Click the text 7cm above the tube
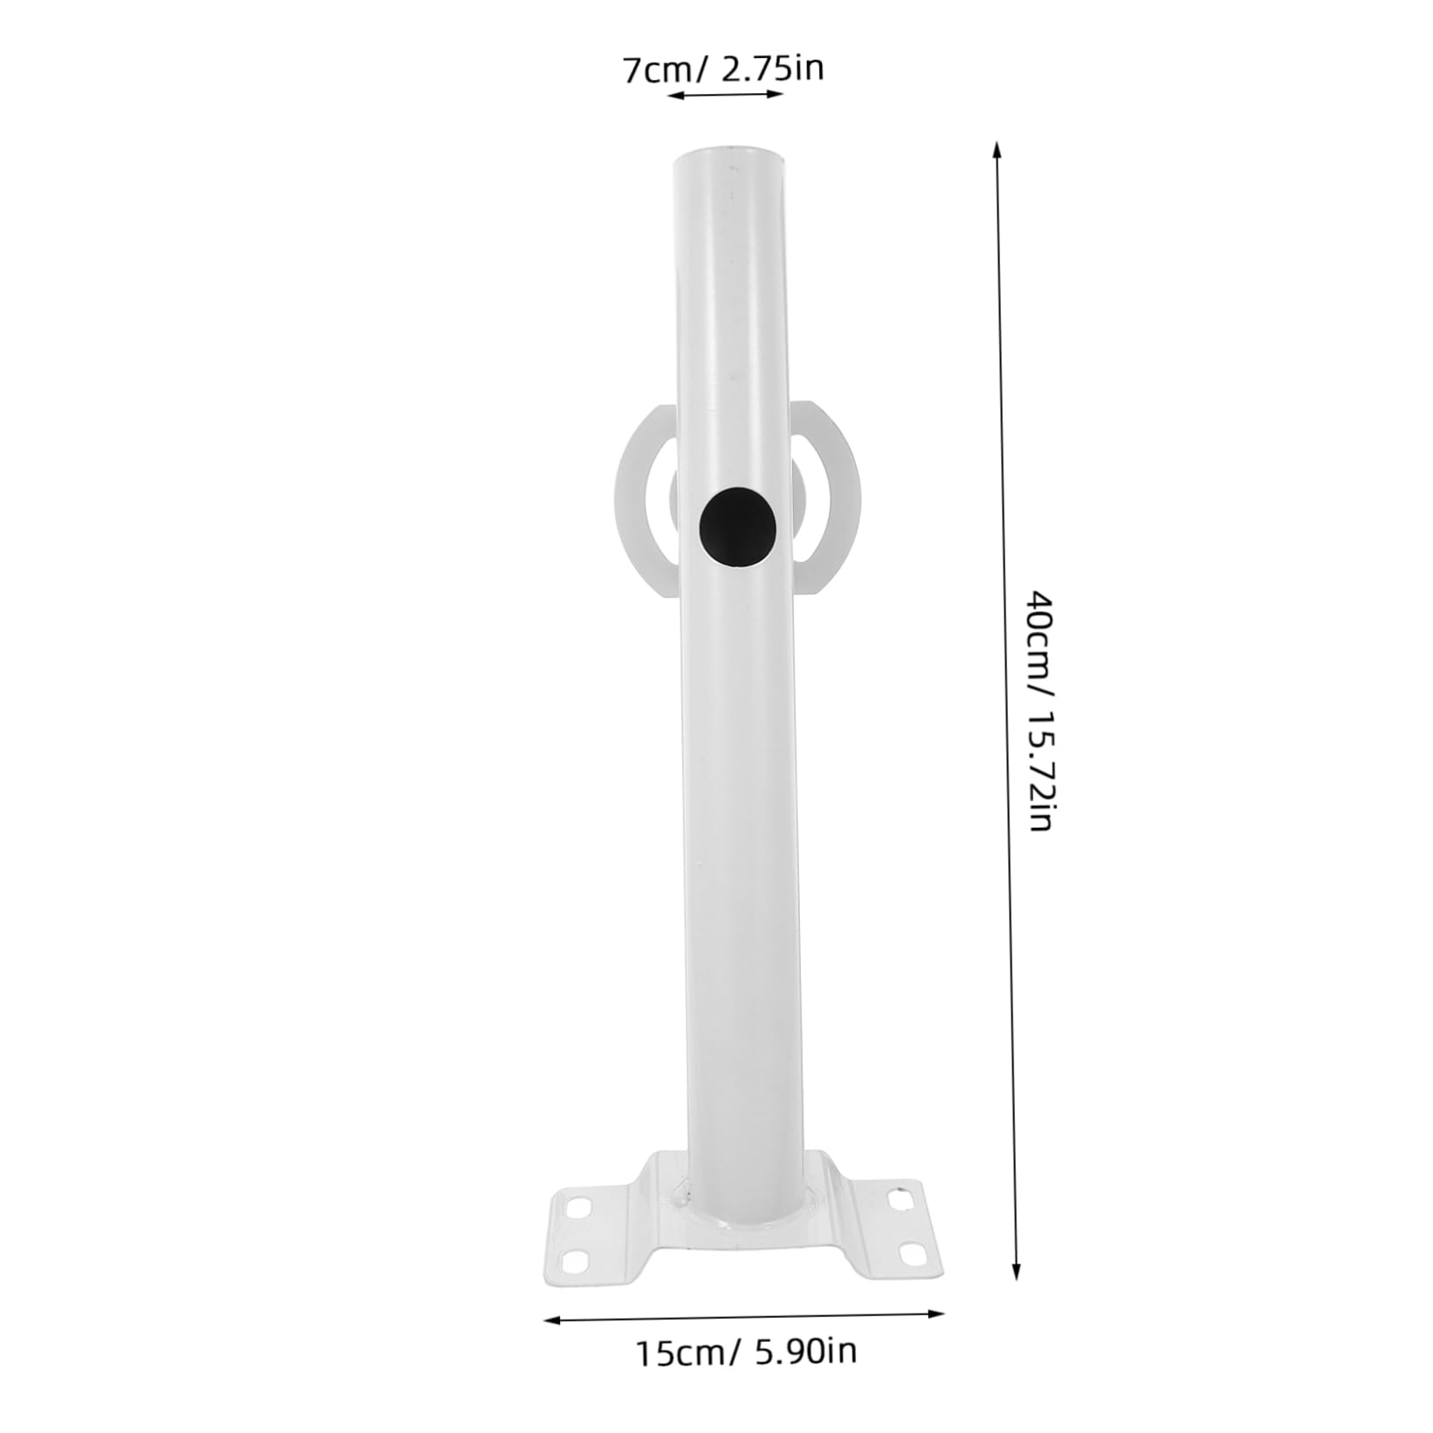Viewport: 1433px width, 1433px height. point(655,70)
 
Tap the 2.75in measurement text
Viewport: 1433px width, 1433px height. point(772,68)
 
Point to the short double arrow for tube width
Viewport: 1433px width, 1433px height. point(724,94)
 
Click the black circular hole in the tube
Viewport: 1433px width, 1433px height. point(739,529)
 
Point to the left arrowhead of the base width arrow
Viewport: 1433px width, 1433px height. point(551,1319)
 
